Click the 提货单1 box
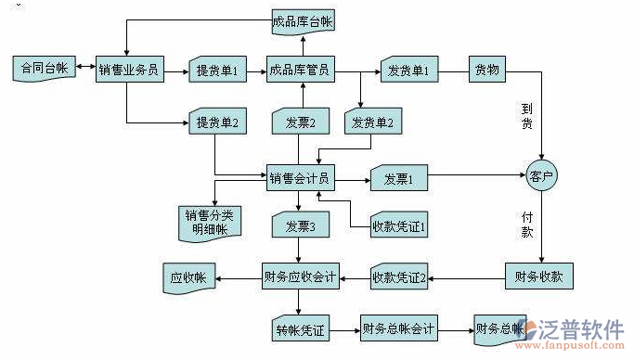coord(216,70)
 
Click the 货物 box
coord(486,70)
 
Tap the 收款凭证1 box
coord(397,225)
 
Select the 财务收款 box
coord(539,276)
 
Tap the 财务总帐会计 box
coord(398,328)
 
